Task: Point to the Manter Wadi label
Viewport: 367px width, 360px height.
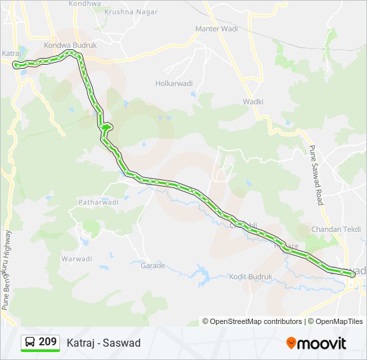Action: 216,29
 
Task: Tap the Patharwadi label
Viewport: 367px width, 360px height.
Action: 98,202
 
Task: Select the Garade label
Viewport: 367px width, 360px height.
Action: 152,265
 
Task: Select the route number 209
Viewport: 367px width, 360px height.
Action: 47,342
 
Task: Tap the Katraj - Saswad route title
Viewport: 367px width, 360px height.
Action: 103,343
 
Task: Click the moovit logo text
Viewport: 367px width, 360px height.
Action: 322,343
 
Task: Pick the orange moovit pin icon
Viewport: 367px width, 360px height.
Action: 291,343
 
